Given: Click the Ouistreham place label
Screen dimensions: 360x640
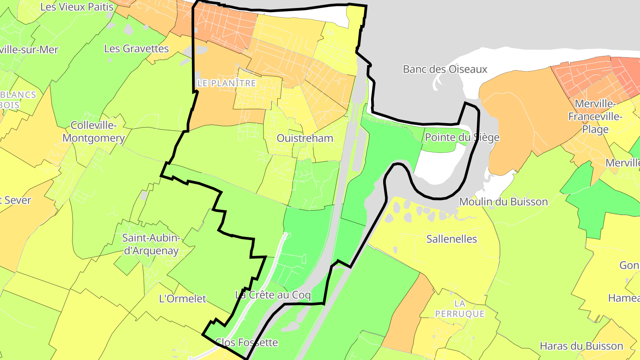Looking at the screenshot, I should coord(305,138).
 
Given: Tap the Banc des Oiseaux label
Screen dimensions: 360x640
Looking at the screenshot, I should coord(445,69).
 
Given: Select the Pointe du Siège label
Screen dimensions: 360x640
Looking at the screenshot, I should coord(462,137).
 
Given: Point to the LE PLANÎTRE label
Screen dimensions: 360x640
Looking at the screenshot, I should coord(227,83).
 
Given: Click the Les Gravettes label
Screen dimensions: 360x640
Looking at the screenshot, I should coord(136,48).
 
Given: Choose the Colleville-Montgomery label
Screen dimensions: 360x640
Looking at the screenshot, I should coord(93,132).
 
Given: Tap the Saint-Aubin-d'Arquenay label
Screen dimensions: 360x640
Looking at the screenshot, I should coord(151,244).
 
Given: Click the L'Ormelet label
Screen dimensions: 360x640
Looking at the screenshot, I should coord(182,299).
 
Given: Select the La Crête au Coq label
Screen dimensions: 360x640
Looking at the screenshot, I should coord(273,295).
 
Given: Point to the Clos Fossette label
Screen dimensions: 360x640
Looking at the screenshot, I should coord(246,342).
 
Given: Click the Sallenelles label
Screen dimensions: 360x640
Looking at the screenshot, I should coord(452,239).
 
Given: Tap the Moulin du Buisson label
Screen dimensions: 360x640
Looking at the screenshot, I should coord(504,202).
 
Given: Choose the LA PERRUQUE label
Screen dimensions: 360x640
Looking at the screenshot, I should coord(460,309).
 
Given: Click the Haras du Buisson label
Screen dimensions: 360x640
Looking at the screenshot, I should coord(581,346).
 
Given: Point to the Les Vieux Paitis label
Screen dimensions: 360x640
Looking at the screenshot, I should coord(77,7).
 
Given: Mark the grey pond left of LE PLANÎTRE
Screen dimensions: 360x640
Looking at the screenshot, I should coord(201,49).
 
